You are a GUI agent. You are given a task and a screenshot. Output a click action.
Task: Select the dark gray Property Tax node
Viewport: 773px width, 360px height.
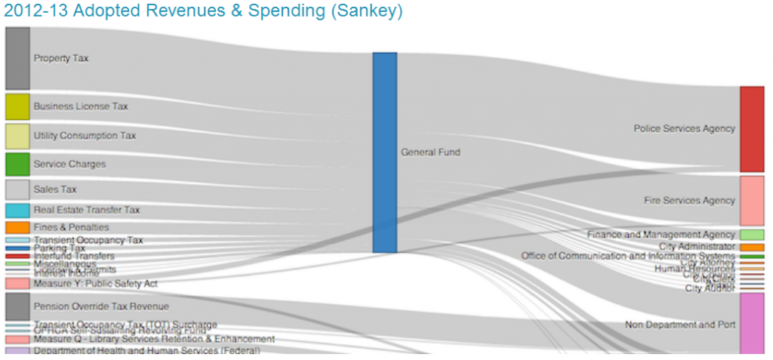(17, 58)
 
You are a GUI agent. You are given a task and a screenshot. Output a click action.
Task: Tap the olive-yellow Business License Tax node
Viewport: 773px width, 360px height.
(17, 106)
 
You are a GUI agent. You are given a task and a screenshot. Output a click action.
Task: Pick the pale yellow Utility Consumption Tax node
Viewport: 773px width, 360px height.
(17, 136)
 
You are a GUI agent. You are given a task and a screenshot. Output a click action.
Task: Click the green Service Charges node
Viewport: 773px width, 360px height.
(17, 164)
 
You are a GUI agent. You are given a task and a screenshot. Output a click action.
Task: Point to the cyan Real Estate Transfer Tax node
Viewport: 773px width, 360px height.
(17, 211)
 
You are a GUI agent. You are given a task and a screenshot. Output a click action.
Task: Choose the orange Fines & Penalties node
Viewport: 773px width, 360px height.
(17, 227)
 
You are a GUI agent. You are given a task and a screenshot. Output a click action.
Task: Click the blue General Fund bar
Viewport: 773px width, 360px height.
(384, 152)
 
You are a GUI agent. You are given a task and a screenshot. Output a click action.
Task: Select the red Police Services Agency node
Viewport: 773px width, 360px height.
(752, 129)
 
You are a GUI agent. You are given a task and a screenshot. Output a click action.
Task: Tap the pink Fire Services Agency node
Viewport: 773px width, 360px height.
(752, 200)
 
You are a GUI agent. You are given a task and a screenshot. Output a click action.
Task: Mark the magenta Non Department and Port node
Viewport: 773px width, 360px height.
(752, 323)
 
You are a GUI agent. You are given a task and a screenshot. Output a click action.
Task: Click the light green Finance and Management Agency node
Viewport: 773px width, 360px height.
(752, 235)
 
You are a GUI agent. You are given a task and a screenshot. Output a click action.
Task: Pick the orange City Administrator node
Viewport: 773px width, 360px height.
(752, 247)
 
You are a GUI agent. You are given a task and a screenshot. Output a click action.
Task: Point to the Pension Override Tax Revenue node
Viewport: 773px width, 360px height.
(17, 306)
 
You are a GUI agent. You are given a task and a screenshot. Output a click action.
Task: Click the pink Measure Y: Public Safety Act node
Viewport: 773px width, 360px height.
(17, 284)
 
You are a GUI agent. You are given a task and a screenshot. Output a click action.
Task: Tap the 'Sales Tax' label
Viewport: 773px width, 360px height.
(55, 189)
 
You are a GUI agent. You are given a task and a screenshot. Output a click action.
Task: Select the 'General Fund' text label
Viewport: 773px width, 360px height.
(430, 152)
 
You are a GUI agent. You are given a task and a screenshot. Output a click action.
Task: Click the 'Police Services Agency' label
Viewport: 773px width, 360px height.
(684, 129)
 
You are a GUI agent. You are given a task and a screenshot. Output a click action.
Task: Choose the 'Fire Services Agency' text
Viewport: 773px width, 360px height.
(689, 201)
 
